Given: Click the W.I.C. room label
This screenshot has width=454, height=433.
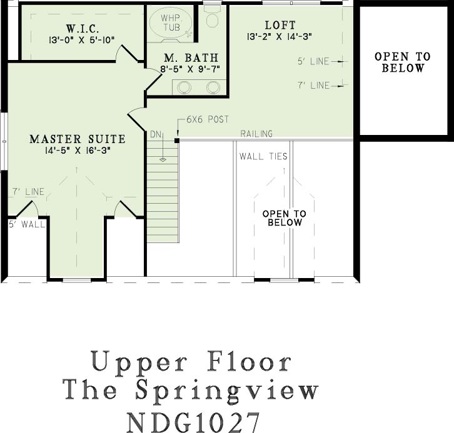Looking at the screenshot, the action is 83,29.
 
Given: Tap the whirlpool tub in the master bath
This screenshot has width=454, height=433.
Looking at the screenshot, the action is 170,22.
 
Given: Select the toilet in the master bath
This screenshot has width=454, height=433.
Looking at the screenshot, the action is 213,17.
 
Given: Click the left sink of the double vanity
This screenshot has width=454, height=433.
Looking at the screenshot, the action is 184,87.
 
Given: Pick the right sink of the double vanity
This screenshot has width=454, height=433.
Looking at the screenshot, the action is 213,87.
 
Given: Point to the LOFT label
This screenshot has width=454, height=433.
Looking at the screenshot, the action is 280,25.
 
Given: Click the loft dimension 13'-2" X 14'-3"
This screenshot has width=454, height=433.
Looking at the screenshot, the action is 280,37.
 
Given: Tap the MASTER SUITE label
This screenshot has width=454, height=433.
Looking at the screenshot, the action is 78,139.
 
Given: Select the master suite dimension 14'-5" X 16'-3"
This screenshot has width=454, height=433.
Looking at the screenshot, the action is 78,151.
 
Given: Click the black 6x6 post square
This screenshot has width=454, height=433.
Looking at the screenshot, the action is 176,141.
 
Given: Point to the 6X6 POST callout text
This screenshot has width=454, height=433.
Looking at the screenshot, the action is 208,119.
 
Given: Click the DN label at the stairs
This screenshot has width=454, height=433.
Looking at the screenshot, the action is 156,134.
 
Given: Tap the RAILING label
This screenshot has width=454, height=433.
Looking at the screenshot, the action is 256,133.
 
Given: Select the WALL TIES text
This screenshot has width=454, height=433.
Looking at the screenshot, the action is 263,156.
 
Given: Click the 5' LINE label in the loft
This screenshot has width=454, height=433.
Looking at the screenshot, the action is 313,61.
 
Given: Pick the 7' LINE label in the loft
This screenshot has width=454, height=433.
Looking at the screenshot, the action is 313,86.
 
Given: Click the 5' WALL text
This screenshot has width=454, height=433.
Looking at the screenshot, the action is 27,224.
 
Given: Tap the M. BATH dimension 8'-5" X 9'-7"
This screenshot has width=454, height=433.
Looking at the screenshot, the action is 190,69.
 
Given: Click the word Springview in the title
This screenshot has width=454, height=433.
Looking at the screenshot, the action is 227,391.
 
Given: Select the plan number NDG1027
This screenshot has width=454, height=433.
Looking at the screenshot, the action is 193,422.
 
